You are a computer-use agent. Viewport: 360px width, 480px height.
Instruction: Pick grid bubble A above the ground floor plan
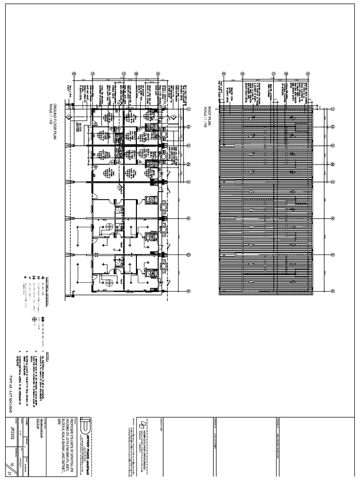pos(158,74)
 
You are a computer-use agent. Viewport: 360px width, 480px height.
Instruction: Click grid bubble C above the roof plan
pos(273,74)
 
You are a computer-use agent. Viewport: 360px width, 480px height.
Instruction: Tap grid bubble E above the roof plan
pos(224,74)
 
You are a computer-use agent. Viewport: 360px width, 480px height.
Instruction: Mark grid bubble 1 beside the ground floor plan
pos(187,109)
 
